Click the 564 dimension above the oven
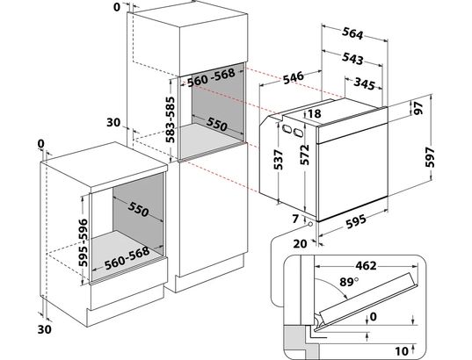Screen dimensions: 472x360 pyautogui.click(x=352, y=33)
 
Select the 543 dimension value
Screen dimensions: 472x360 pyautogui.click(x=352, y=58)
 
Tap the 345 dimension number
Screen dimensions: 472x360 pyautogui.click(x=365, y=83)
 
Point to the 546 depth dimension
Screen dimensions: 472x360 pyautogui.click(x=294, y=77)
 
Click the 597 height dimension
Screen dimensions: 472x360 pyautogui.click(x=431, y=156)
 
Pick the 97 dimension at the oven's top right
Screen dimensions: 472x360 pyautogui.click(x=418, y=108)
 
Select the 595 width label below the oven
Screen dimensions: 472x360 pyautogui.click(x=356, y=222)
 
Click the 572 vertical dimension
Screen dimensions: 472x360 pyautogui.click(x=305, y=155)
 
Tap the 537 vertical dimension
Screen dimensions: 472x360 pyautogui.click(x=278, y=160)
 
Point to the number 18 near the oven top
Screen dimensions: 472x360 pyautogui.click(x=315, y=113)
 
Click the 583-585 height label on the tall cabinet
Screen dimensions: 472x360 pyautogui.click(x=171, y=119)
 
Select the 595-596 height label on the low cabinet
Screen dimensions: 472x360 pyautogui.click(x=84, y=242)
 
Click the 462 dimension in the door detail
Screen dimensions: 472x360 pyautogui.click(x=366, y=265)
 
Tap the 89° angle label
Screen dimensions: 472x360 pyautogui.click(x=349, y=282)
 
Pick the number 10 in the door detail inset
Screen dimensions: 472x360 pyautogui.click(x=402, y=350)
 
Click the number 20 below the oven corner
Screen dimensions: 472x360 pyautogui.click(x=300, y=243)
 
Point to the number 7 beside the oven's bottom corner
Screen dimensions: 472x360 pyautogui.click(x=295, y=219)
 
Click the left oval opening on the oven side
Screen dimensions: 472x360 pyautogui.click(x=286, y=128)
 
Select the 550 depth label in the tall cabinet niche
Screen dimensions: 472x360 pyautogui.click(x=216, y=124)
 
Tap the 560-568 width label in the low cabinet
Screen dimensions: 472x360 pyautogui.click(x=127, y=258)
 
